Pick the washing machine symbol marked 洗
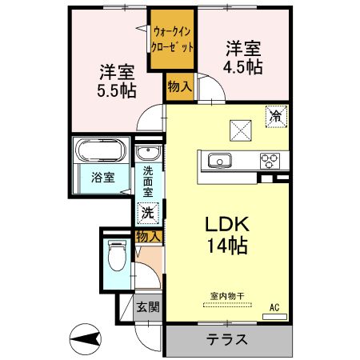pos(147,213)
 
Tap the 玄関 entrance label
pos(146,306)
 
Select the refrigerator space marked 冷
pos(275,117)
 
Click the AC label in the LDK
pos(274,306)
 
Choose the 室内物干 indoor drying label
pos(227,296)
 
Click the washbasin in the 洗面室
pos(146,154)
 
